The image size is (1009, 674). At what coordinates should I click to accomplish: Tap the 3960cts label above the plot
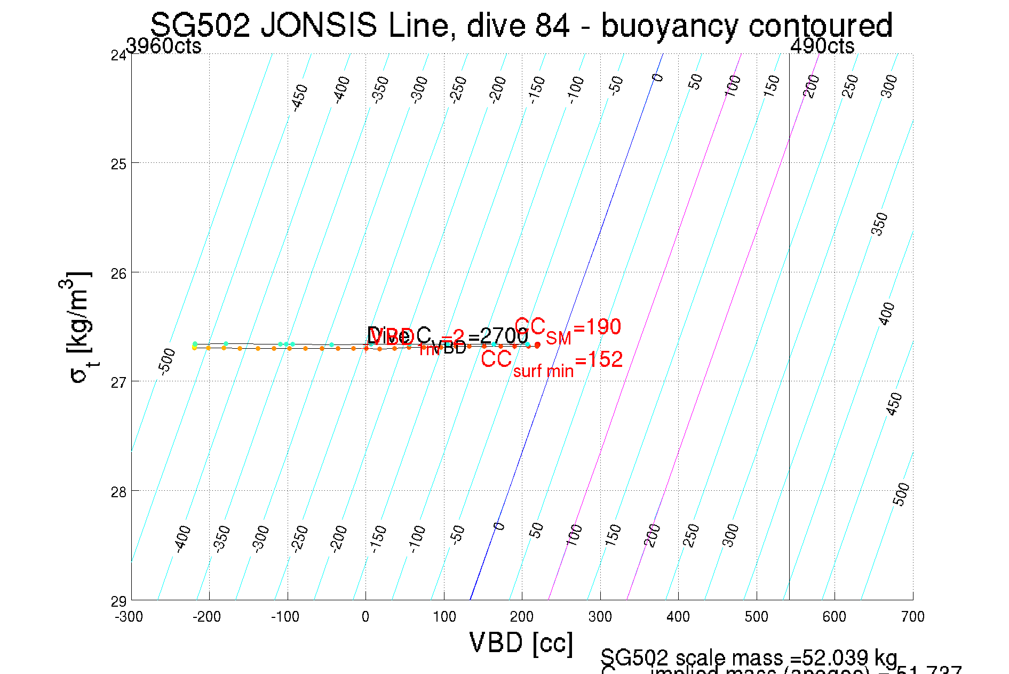[x=164, y=46]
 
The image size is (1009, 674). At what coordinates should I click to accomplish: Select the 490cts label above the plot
[x=822, y=46]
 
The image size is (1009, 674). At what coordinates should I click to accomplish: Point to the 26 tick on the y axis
[x=118, y=273]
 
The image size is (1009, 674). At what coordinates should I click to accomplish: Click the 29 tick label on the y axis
[x=118, y=602]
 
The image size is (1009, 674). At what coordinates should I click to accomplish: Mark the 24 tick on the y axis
[x=118, y=56]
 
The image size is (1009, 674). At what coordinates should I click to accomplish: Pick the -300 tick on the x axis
[x=129, y=617]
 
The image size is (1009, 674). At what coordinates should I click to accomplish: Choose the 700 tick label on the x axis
[x=912, y=617]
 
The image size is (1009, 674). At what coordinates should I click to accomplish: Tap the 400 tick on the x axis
[x=678, y=617]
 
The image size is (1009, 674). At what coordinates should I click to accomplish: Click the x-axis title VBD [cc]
[x=521, y=642]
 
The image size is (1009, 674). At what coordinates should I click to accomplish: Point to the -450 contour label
[x=300, y=97]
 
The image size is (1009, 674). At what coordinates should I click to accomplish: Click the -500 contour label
[x=167, y=360]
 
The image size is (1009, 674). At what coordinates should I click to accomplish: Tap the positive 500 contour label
[x=901, y=494]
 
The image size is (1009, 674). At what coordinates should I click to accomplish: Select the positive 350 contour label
[x=879, y=224]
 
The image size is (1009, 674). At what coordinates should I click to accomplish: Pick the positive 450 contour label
[x=894, y=404]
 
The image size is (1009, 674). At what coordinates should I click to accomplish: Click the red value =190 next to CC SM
[x=597, y=327]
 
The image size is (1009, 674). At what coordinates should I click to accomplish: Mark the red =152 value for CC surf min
[x=599, y=360]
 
